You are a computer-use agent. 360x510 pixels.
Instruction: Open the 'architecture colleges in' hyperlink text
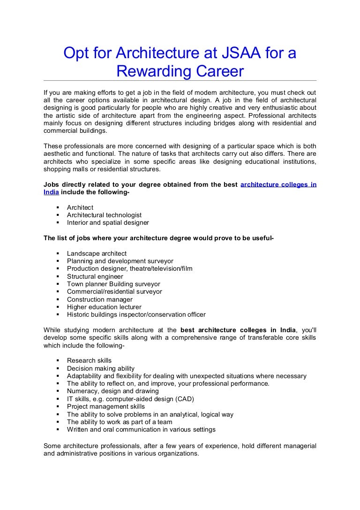pos(278,184)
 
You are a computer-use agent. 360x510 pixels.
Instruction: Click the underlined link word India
pos(51,192)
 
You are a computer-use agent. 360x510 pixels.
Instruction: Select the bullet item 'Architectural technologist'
pos(104,215)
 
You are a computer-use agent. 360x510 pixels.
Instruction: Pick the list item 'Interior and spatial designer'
pos(108,222)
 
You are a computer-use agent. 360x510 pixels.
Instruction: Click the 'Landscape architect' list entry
pos(97,253)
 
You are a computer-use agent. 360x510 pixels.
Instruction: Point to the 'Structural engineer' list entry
pos(95,276)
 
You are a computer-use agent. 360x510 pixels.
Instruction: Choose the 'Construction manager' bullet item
pos(100,299)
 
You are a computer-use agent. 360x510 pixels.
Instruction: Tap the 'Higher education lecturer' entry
pos(104,307)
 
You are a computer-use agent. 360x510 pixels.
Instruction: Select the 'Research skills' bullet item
pos(89,360)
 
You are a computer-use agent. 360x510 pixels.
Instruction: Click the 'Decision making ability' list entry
pos(101,368)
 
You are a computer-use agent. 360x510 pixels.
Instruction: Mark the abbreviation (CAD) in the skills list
pos(184,399)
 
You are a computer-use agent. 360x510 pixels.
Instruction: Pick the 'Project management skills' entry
pos(106,406)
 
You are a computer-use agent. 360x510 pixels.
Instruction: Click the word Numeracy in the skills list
pos(81,391)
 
